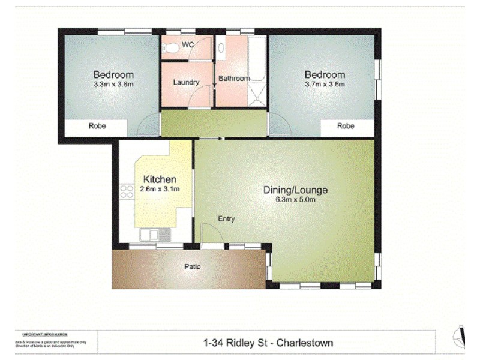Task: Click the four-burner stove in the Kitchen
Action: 127,191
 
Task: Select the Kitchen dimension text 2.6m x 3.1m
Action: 160,189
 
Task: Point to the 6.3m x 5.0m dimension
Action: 295,200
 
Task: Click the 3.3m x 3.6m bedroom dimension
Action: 113,85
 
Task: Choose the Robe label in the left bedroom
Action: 97,127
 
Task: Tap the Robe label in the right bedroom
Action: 346,127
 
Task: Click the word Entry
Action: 226,219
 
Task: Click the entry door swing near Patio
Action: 209,234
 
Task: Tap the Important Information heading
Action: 44,334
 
